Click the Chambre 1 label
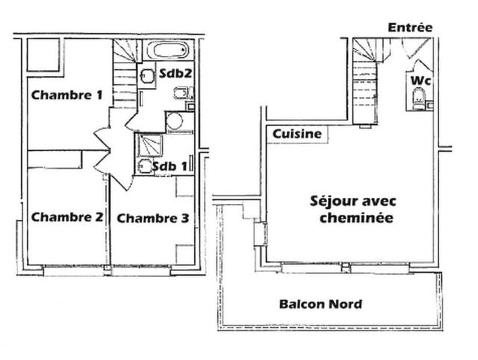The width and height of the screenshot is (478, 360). [x=66, y=95]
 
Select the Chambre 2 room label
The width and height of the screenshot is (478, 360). [x=66, y=217]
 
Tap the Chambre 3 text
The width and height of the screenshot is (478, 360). [x=153, y=218]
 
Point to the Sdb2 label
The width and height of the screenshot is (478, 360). [x=173, y=74]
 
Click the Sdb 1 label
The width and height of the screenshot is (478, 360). [x=168, y=166]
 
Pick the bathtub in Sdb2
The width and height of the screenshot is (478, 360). [x=170, y=53]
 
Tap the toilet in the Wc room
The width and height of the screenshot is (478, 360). [x=418, y=98]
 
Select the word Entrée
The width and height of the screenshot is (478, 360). [x=409, y=27]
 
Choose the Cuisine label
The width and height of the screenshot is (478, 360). [x=297, y=134]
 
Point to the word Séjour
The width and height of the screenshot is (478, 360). [x=332, y=201]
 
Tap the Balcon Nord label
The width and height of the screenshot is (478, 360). [x=320, y=304]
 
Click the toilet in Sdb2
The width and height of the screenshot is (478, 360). [x=182, y=96]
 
